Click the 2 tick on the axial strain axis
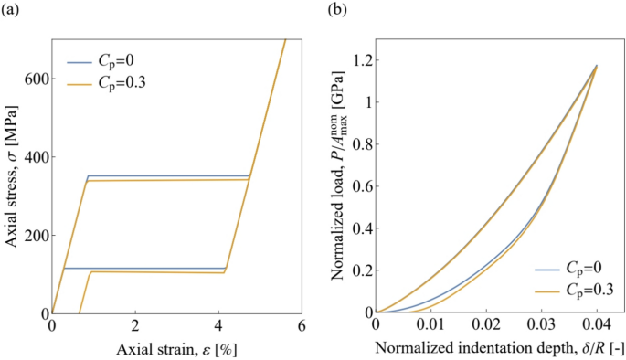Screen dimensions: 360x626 pyautogui.click(x=135, y=325)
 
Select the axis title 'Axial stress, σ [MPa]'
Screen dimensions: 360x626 pyautogui.click(x=12, y=175)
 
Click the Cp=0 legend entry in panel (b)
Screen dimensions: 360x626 pyautogui.click(x=569, y=270)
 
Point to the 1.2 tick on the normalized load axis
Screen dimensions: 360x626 pyautogui.click(x=359, y=60)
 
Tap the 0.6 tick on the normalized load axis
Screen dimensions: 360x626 pyautogui.click(x=359, y=186)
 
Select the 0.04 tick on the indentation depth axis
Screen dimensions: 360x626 pyautogui.click(x=597, y=325)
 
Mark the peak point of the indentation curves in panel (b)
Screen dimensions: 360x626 pyautogui.click(x=597, y=66)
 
